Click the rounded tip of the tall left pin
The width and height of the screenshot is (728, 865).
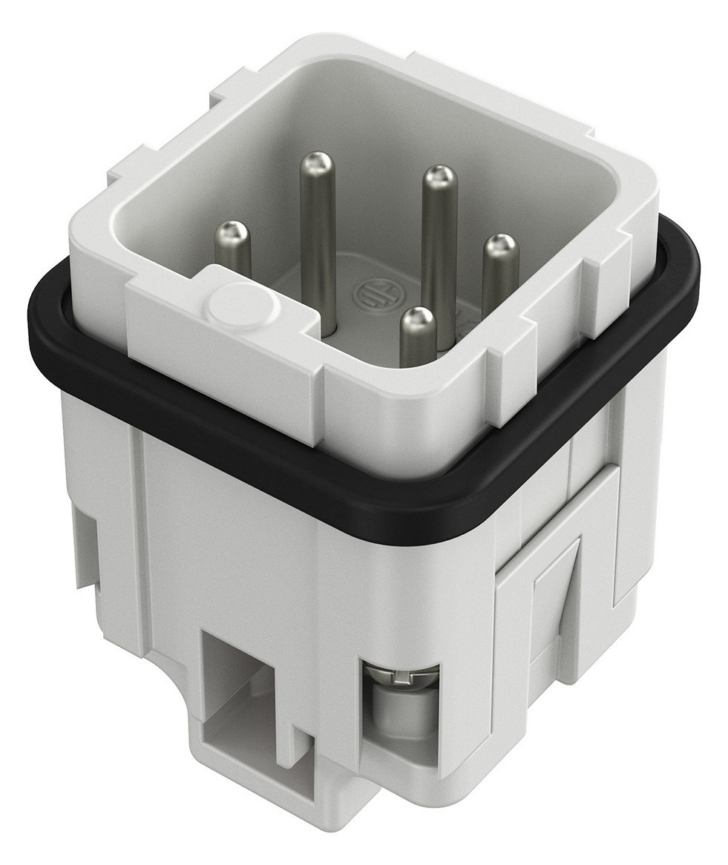click(318, 162)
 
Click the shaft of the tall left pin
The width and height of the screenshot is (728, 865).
click(319, 245)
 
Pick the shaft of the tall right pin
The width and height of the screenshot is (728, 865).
click(438, 252)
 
